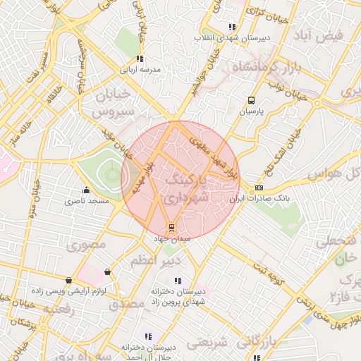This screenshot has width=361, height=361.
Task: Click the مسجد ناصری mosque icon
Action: tap(86, 190)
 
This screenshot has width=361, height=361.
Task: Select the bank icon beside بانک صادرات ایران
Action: tap(259, 188)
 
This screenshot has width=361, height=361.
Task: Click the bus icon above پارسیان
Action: tap(252, 100)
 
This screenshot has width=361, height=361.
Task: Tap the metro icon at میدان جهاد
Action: tap(170, 227)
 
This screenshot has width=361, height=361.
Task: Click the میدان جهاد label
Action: tap(171, 239)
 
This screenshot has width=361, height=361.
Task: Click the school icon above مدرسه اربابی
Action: tap(140, 59)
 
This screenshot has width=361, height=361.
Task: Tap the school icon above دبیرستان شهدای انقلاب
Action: tap(232, 27)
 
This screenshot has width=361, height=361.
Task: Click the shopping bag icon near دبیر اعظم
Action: tap(106, 271)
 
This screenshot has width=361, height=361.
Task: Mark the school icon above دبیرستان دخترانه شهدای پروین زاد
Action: tap(177, 280)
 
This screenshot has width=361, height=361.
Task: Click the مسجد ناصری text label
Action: tap(87, 202)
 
